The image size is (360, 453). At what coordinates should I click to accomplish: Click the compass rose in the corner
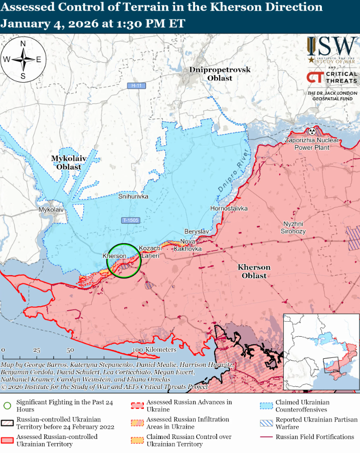pos(23,60)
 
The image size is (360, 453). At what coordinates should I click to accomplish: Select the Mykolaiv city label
pos(51,209)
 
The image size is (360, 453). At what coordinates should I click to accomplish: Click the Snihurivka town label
pos(133,197)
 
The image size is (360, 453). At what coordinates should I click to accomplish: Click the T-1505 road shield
pos(130,220)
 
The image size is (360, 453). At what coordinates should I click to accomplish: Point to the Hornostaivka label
pos(229,208)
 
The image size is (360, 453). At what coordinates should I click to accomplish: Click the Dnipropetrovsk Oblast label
pos(220,74)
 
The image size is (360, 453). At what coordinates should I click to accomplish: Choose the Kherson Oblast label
pos(254,271)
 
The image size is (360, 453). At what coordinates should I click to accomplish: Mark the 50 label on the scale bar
pos(70,350)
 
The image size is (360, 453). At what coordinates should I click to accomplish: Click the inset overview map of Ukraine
pos(321,352)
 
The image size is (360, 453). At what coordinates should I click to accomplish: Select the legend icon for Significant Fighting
pos(7,406)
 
